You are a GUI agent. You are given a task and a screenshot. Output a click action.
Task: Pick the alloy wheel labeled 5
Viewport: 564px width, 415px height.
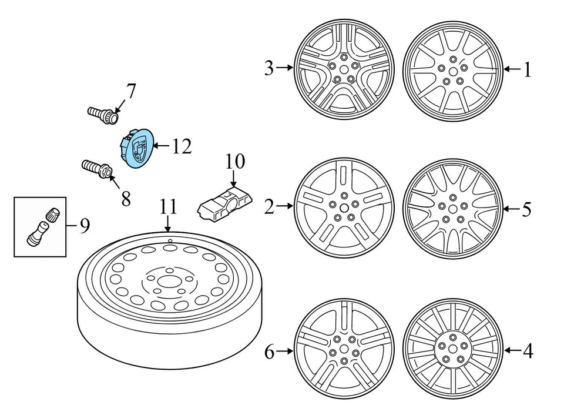(x=453, y=209)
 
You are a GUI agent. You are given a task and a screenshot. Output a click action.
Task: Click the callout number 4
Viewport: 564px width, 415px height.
(x=528, y=352)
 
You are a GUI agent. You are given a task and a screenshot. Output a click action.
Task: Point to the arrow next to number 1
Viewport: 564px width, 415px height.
(x=512, y=70)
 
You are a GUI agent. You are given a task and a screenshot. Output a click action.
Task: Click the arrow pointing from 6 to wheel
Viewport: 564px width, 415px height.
(x=285, y=352)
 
